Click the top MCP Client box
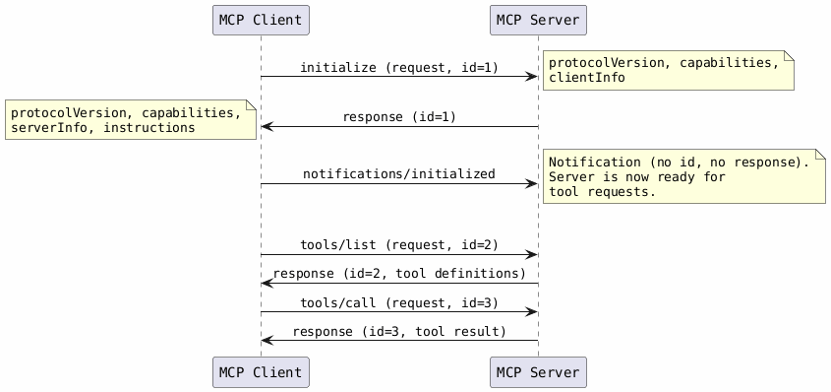[x=261, y=20]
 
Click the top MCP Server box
[x=538, y=20]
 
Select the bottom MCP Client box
[x=261, y=372]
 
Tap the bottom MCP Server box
[x=538, y=372]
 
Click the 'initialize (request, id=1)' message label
[x=398, y=68]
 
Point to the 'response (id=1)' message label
[x=398, y=117]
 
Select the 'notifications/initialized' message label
[x=398, y=174]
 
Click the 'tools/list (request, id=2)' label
[x=398, y=245]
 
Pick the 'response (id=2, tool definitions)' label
[x=398, y=274]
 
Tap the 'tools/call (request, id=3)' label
[x=398, y=302]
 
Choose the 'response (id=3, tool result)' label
[x=398, y=332]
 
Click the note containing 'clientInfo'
[x=668, y=70]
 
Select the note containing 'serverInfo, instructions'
[x=130, y=120]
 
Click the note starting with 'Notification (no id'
[x=683, y=176]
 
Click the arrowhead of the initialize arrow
[x=531, y=77]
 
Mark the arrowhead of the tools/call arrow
[x=531, y=311]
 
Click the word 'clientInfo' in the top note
[x=586, y=78]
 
